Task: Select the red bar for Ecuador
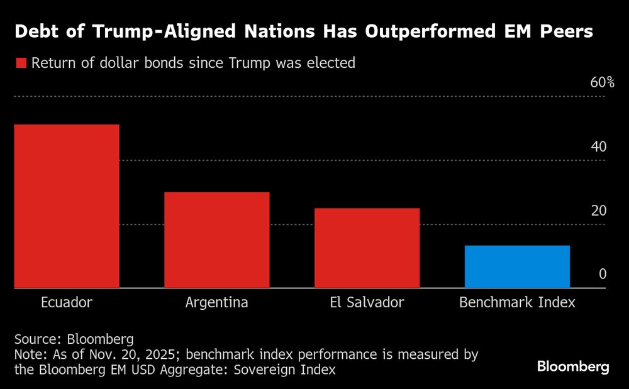pyautogui.click(x=66, y=206)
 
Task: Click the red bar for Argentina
pyautogui.click(x=217, y=240)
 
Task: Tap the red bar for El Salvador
pyautogui.click(x=367, y=248)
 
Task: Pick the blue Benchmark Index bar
pyautogui.click(x=517, y=266)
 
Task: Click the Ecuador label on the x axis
pyautogui.click(x=66, y=302)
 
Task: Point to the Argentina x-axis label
pyautogui.click(x=217, y=302)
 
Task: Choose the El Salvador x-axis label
pyautogui.click(x=367, y=302)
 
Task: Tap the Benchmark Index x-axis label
pyautogui.click(x=517, y=302)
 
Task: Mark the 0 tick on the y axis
pyautogui.click(x=602, y=275)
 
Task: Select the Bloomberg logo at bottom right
pyautogui.click(x=572, y=367)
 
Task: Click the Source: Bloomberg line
pyautogui.click(x=74, y=339)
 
